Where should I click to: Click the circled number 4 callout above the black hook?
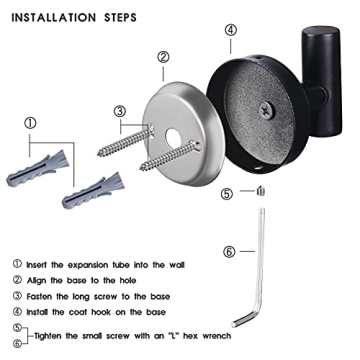coord(230,30)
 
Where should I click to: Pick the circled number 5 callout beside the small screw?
coord(227,194)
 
